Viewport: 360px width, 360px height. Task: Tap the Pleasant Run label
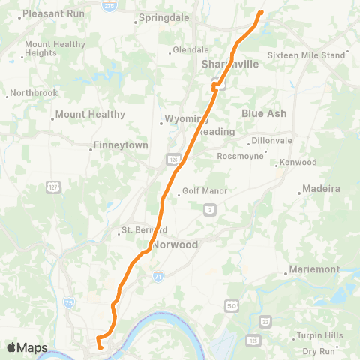[53, 13]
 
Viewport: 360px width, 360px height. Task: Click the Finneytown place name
[120, 145]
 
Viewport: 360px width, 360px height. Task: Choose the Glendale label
[190, 50]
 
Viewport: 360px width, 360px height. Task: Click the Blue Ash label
[264, 113]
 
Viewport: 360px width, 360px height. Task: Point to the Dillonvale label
[273, 140]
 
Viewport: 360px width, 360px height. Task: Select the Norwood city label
[175, 245]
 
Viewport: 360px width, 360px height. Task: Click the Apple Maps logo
[27, 347]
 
